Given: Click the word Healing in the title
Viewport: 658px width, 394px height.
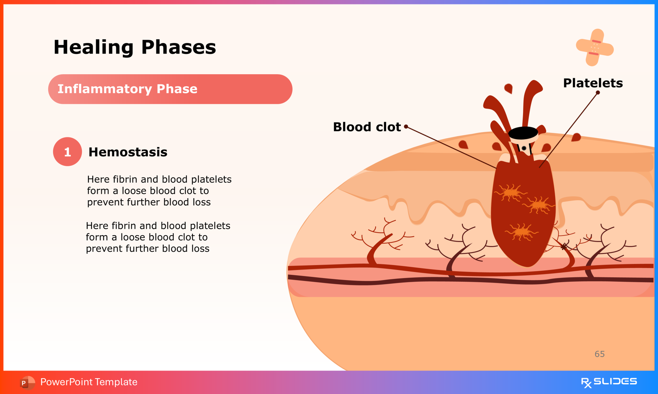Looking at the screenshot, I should (93, 47).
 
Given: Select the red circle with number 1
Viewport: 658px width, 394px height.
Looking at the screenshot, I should (67, 152).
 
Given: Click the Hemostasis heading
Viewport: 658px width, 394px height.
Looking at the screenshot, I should (128, 152).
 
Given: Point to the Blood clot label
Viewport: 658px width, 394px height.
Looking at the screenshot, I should (367, 127).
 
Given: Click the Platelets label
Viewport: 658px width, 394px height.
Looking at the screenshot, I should (593, 83).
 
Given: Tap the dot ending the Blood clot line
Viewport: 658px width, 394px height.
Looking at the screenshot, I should (406, 126).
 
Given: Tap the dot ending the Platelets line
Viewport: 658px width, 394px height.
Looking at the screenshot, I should (598, 92).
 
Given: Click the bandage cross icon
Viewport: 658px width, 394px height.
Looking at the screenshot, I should (594, 47).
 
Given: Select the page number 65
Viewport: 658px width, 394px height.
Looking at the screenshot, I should (599, 354).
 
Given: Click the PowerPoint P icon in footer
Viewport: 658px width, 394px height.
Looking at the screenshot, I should (24, 382).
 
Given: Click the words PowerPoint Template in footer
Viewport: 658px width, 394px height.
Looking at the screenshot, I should (89, 382).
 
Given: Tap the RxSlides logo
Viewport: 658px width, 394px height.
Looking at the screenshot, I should (609, 382).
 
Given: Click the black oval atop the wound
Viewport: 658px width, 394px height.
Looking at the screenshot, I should (523, 132).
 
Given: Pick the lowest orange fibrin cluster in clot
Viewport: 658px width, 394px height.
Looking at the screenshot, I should (521, 232).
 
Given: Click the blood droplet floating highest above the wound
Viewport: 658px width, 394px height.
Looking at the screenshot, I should (508, 88).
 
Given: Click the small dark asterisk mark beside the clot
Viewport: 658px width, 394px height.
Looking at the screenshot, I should (564, 246).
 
